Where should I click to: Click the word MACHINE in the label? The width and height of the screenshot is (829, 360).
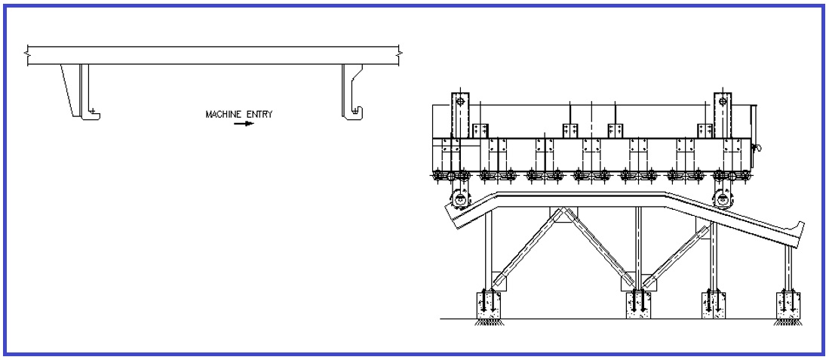(223, 115)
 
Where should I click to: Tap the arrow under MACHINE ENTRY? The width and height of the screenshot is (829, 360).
(244, 124)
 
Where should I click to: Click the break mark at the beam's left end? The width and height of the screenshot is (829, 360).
(28, 54)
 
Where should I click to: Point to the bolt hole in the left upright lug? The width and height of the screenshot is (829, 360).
(459, 100)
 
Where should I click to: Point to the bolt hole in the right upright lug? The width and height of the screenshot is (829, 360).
(723, 100)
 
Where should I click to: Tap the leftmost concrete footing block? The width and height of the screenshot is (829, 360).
(490, 303)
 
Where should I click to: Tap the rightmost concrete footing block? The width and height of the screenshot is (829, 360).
(788, 303)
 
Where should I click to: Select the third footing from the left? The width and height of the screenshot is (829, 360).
(713, 303)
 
